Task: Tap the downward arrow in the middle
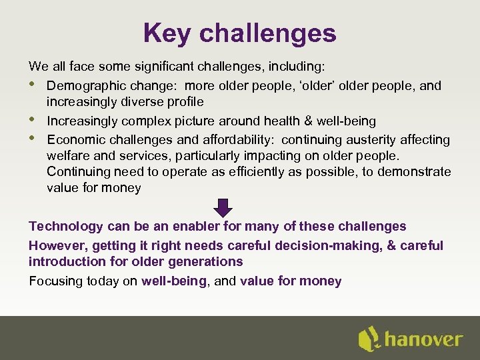click(224, 207)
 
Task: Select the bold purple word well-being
click(173, 281)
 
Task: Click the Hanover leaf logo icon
click(369, 339)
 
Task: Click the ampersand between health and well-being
click(308, 121)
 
